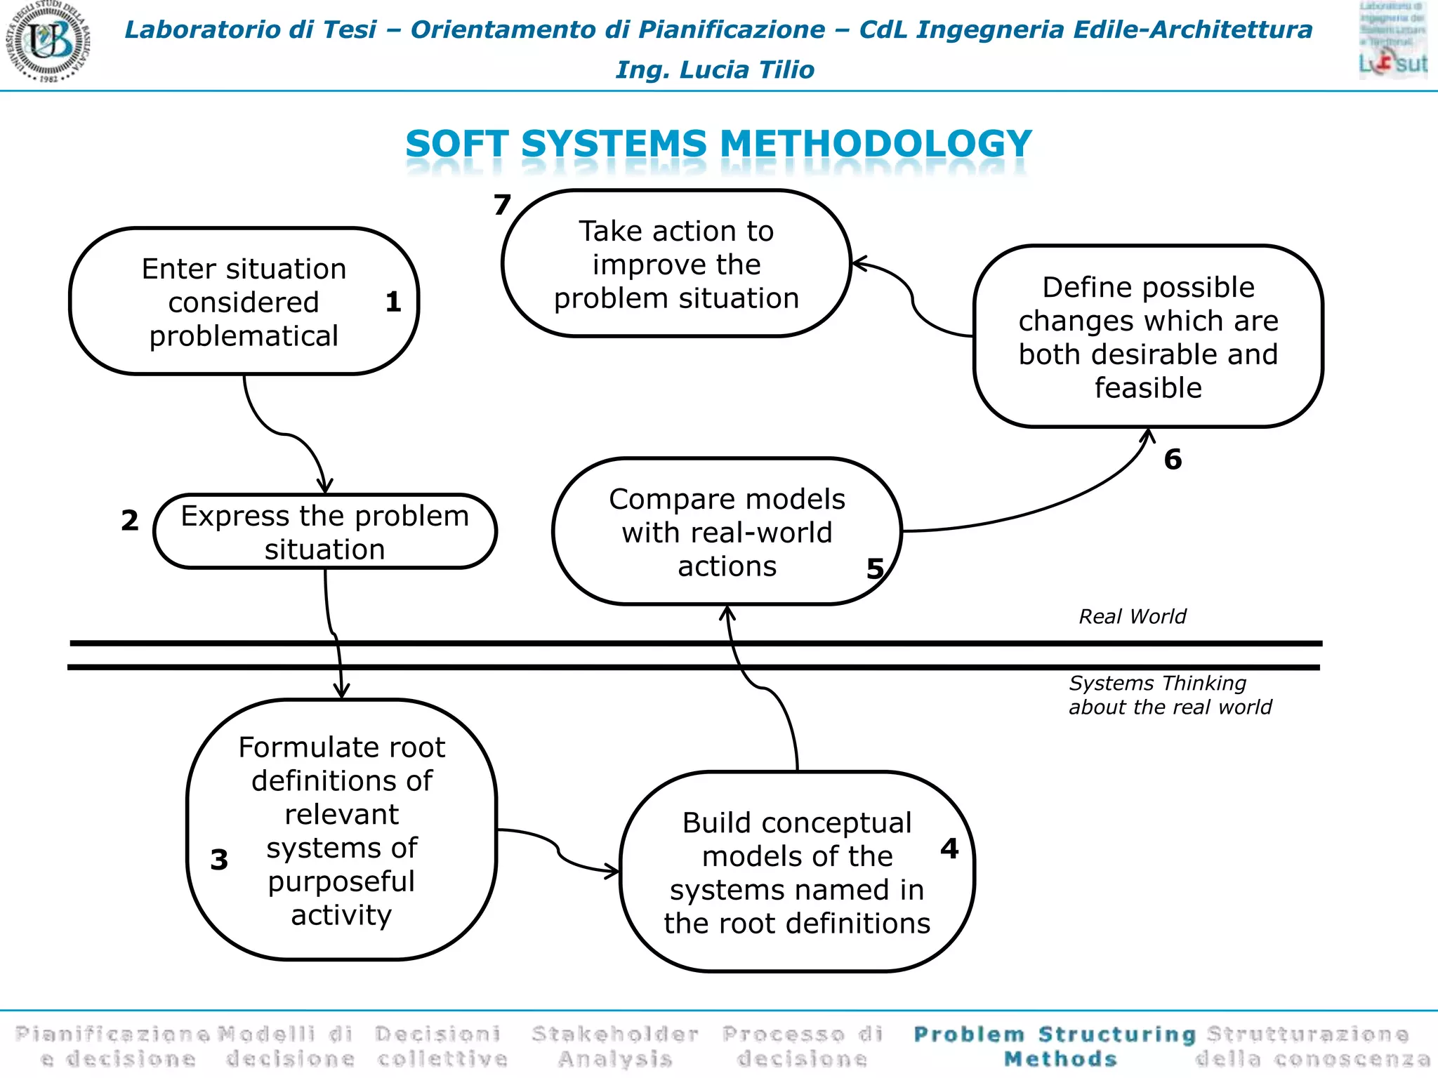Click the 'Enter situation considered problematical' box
pos(244,302)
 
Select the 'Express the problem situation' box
pos(324,532)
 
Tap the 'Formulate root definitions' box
pos(341,830)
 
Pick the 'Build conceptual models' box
pos(797,872)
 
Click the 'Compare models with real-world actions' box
pos(727,532)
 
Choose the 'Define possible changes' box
pos(1148,337)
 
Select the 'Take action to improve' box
pos(676,264)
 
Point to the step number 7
pos(501,205)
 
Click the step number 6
pos(1173,460)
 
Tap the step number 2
pos(130,521)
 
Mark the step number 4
pos(949,849)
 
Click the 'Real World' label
pos(1132,617)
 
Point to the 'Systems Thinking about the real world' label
pos(1170,695)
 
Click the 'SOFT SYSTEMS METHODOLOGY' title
pos(718,144)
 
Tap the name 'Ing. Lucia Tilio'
pos(715,70)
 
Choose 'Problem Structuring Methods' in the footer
pos(1055,1046)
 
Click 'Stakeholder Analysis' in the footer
pos(615,1046)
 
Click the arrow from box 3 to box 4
pos(559,851)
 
